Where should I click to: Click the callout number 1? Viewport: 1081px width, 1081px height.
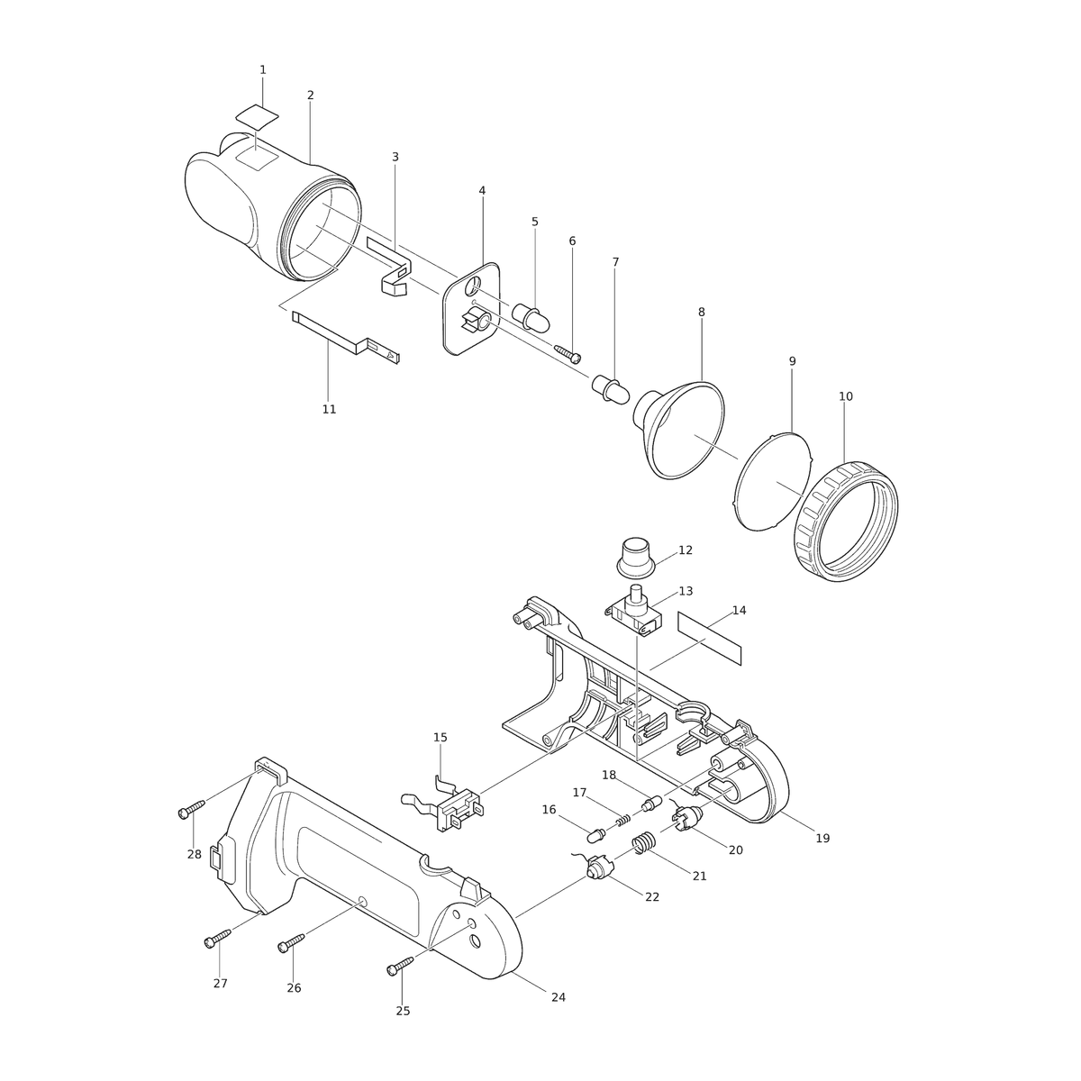click(262, 70)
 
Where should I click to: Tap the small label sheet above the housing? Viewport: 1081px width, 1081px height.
click(257, 115)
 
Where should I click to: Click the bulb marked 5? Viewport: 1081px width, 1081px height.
click(531, 316)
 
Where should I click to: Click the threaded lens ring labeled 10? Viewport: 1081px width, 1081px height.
click(846, 522)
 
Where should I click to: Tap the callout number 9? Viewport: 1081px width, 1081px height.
click(792, 361)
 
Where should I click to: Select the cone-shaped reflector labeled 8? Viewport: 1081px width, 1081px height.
click(679, 430)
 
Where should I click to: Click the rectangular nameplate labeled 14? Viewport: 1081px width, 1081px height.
click(710, 639)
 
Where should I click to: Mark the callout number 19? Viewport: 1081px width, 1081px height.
click(822, 838)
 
